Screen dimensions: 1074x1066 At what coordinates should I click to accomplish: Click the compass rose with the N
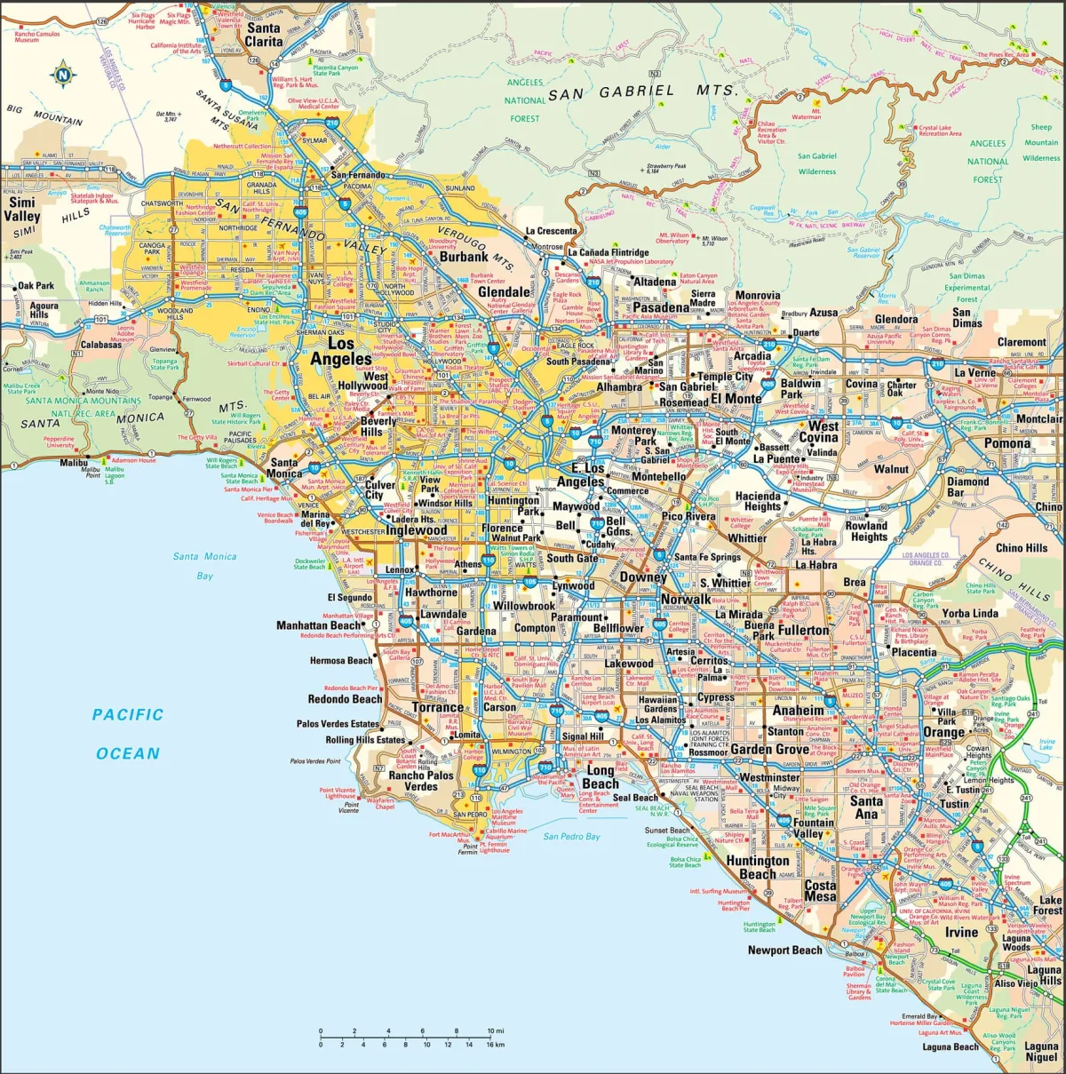coord(63,75)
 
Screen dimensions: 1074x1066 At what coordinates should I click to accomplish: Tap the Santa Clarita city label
coord(264,35)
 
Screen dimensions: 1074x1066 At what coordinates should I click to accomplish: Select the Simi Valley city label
coord(21,210)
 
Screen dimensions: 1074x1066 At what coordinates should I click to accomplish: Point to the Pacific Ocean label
coord(128,734)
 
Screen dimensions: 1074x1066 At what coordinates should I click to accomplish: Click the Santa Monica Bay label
coord(205,566)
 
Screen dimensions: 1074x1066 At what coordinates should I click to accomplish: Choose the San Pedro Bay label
coord(572,836)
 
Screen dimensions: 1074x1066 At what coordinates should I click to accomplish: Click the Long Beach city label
coord(601,777)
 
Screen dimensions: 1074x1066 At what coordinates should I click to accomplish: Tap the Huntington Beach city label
coord(758,867)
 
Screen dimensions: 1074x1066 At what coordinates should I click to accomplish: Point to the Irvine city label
coord(961,932)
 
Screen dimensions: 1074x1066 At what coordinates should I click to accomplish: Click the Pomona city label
coord(1006,443)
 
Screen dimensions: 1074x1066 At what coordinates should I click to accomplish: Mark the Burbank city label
coord(464,257)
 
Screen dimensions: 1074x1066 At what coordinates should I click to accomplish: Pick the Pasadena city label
coord(661,307)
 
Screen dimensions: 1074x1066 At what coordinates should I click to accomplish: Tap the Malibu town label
coord(74,463)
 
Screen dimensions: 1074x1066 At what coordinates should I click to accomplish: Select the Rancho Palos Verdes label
coord(421,781)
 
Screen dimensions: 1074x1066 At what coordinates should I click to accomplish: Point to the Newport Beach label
coord(785,950)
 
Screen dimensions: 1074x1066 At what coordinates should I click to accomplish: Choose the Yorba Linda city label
coord(970,613)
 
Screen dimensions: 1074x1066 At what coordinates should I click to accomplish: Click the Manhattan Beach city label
coord(318,625)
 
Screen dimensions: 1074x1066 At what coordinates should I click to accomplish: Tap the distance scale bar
coord(405,1037)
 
